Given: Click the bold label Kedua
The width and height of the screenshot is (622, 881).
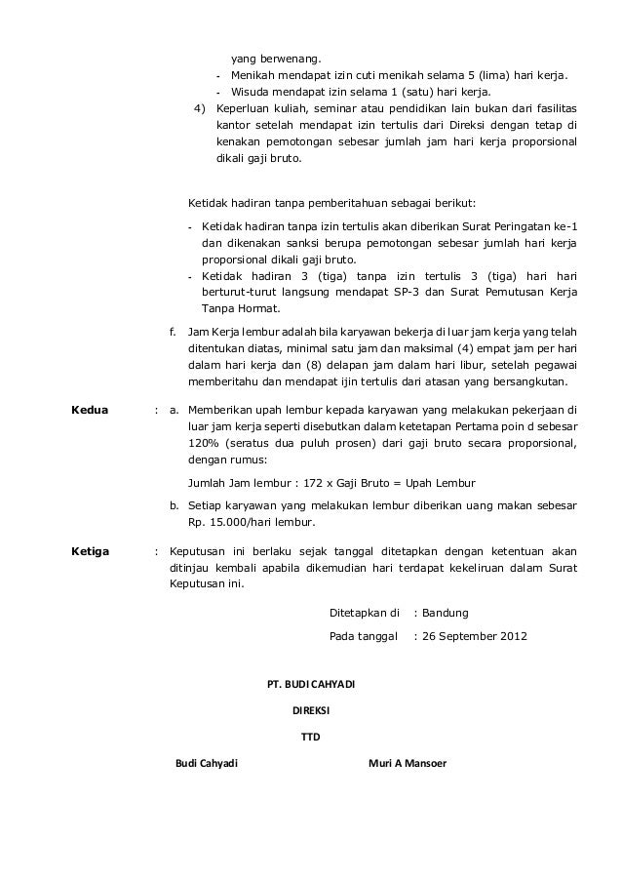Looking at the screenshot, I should [91, 409].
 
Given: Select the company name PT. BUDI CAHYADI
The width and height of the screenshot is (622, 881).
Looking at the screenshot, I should [311, 683].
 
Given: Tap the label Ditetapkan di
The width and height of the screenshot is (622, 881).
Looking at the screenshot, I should [367, 613].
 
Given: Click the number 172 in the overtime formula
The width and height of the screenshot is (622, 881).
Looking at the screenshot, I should [310, 483].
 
